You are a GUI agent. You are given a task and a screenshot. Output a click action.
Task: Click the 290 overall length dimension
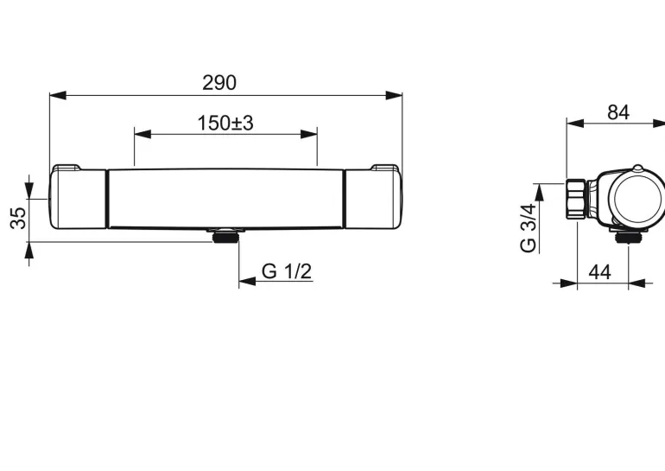pos(219,83)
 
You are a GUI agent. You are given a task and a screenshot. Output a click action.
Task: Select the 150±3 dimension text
pos(225,123)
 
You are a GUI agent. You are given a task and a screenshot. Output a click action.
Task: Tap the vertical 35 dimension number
pos(18,218)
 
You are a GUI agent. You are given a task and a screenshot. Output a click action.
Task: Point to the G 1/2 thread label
pos(287,271)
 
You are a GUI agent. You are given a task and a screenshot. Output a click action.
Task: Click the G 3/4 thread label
pos(529,228)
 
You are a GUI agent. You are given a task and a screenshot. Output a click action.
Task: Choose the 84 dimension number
pos(618,112)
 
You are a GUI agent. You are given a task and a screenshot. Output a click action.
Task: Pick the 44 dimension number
pos(599,272)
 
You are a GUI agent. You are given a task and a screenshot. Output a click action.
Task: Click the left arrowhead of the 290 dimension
pos(58,95)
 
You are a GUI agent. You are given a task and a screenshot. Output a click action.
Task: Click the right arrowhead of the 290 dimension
pos(394,95)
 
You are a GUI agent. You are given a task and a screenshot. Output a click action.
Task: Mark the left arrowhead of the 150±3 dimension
pos(142,134)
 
